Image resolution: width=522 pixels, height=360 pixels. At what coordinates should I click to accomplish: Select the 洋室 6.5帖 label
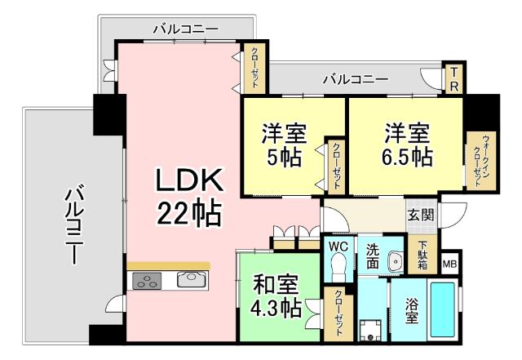[x=407, y=144]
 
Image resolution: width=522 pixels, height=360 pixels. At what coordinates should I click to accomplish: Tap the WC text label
[x=338, y=245]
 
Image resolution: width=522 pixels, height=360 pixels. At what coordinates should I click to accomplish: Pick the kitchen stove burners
[x=148, y=282]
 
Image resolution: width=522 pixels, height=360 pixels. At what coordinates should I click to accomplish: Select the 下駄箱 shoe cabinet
[x=423, y=255]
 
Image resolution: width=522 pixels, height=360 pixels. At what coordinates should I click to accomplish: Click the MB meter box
[x=449, y=264]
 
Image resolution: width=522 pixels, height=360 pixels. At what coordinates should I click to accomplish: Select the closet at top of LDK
[x=254, y=69]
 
